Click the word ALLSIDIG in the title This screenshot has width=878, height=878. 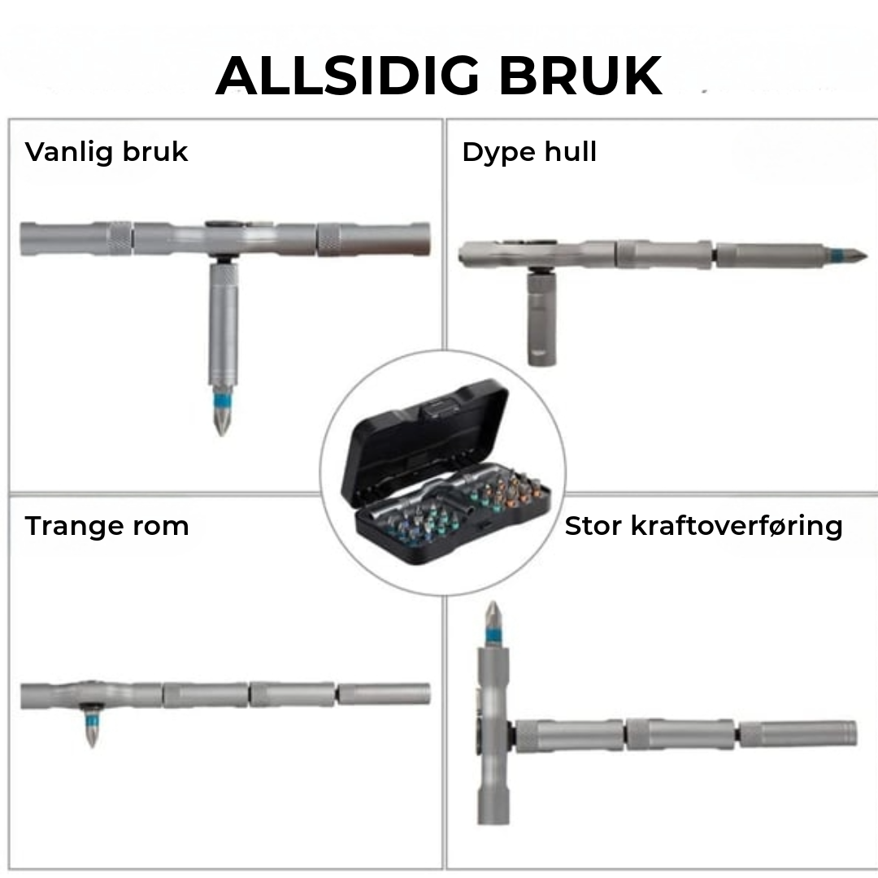click(x=347, y=76)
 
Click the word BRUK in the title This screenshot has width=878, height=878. click(x=580, y=76)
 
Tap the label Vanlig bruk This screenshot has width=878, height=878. click(x=106, y=152)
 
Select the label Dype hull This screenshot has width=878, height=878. click(x=529, y=152)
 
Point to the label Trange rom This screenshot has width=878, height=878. click(x=106, y=526)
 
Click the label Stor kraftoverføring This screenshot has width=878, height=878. click(x=703, y=526)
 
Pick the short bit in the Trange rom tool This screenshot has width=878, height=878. click(x=92, y=727)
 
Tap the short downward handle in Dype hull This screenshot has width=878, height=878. click(x=542, y=317)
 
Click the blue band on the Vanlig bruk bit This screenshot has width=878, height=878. click(x=222, y=401)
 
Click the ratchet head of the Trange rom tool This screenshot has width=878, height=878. click(x=89, y=695)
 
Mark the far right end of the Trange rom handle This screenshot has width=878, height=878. click(x=429, y=694)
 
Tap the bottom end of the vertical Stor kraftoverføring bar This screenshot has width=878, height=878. click(x=493, y=822)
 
